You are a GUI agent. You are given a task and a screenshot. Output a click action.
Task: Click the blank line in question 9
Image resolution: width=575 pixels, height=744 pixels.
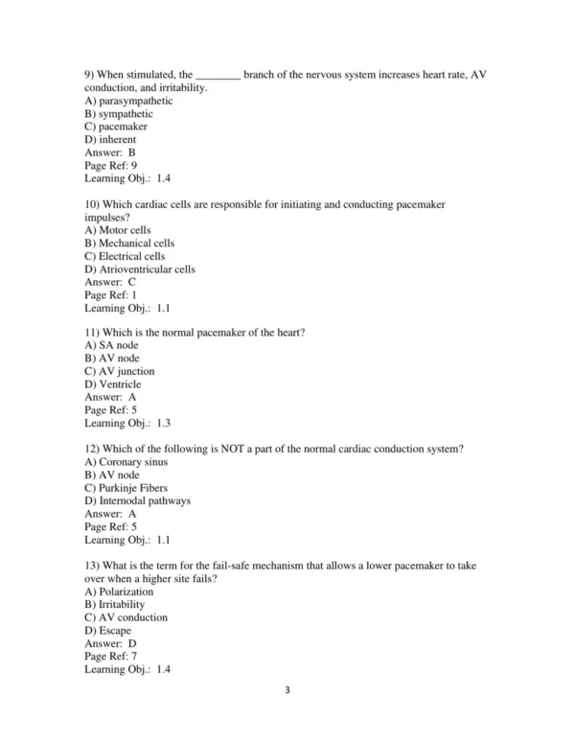click(218, 75)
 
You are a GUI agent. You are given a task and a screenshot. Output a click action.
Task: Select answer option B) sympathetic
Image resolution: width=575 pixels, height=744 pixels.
click(119, 114)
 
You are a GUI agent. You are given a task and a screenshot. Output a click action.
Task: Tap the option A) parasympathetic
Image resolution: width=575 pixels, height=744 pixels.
click(128, 101)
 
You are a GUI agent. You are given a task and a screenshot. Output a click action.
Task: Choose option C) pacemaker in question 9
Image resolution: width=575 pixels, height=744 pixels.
click(116, 127)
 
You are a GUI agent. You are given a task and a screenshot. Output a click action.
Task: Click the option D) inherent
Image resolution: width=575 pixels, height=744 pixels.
click(110, 140)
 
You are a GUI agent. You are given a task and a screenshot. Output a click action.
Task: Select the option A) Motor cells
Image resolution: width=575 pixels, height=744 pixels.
click(118, 231)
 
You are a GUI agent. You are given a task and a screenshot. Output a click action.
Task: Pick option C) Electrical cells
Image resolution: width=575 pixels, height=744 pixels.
click(125, 256)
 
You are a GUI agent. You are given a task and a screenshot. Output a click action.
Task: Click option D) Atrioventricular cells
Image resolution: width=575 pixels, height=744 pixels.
click(140, 269)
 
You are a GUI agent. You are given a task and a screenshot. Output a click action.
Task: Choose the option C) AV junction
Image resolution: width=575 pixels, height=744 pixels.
click(120, 371)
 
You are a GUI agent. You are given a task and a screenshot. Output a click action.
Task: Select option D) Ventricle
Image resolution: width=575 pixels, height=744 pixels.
click(113, 384)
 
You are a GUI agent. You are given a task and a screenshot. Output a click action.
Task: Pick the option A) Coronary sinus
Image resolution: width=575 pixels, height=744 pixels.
click(126, 462)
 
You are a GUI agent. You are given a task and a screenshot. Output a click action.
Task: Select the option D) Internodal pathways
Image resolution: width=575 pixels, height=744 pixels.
click(138, 500)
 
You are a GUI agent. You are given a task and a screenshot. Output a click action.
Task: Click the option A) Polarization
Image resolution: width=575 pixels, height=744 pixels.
click(120, 592)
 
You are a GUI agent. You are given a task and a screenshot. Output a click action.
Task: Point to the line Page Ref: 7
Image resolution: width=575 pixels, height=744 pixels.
click(110, 657)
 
